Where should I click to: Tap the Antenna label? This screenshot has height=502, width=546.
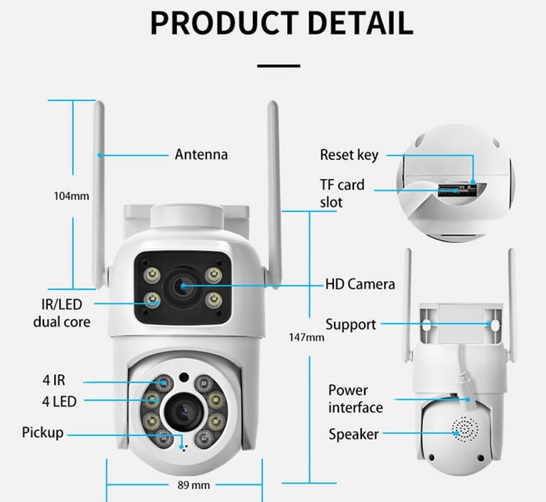201,154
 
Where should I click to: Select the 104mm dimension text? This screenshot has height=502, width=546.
72,196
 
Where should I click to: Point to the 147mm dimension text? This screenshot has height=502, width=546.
307,337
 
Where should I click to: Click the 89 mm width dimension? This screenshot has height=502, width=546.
193,485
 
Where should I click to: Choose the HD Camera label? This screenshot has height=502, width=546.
360,284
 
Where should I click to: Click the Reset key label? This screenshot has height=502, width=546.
348,155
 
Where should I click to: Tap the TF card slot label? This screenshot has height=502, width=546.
342,193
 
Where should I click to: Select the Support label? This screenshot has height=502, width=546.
350,324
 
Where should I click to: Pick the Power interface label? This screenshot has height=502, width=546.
355,398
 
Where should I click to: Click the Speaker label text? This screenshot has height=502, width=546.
353,434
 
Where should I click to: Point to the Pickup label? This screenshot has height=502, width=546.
43,432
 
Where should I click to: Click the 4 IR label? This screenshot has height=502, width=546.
54,381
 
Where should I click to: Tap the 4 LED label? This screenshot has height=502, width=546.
59,401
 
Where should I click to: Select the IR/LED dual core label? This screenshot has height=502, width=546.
62,312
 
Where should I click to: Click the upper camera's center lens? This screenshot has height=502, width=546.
183,286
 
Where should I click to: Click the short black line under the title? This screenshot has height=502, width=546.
279,65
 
